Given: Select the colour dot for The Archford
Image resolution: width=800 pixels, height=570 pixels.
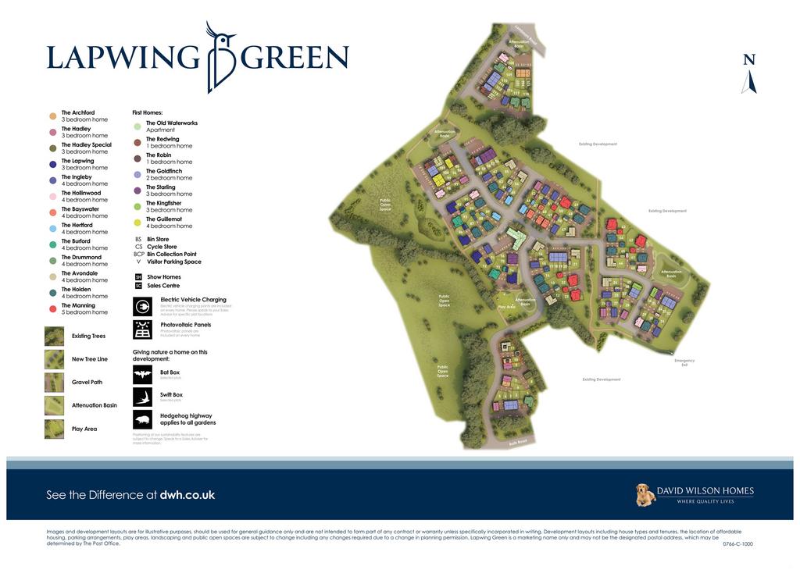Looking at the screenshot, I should (x=52, y=116).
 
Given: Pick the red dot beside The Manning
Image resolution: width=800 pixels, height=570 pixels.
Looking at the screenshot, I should (x=52, y=309).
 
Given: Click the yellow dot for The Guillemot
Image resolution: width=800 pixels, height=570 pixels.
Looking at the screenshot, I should (x=137, y=223).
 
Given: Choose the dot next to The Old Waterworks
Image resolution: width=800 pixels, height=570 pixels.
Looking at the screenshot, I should (x=137, y=126).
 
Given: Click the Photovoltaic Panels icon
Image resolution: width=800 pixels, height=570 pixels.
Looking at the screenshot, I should (x=142, y=330).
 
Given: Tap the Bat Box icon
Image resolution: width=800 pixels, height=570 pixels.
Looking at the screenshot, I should (x=142, y=374).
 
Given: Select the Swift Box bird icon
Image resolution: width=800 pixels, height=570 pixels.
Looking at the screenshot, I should (x=142, y=397).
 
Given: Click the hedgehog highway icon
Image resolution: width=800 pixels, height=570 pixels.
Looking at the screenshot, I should (x=142, y=419).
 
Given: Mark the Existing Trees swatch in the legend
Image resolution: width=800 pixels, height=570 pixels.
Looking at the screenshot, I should (x=54, y=336).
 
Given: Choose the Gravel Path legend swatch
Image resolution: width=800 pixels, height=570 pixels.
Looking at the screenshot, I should (x=54, y=383).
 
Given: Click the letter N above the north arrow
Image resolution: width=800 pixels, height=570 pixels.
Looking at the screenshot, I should (x=749, y=60).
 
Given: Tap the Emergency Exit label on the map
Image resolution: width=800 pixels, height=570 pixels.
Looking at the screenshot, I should (x=684, y=362).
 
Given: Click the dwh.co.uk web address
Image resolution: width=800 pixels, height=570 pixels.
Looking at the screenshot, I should (x=187, y=495).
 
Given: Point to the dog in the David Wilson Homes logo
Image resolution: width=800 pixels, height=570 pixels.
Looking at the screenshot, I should (x=645, y=495).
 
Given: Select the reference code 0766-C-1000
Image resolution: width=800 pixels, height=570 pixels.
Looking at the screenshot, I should (x=737, y=544).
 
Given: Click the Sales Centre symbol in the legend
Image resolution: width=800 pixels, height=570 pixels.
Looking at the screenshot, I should (x=138, y=286).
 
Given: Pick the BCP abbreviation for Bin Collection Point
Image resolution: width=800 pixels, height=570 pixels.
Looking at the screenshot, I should (x=138, y=254).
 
